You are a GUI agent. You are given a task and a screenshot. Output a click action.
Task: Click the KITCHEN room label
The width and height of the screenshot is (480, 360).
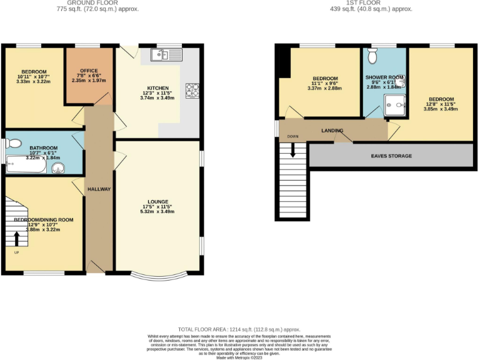click(157, 88)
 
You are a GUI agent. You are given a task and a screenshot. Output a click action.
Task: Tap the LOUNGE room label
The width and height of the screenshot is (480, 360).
click(157, 201)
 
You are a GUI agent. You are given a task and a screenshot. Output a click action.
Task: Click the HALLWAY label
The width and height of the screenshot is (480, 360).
click(99, 189)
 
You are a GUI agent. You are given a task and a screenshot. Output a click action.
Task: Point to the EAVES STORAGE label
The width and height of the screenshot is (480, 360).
click(391, 156)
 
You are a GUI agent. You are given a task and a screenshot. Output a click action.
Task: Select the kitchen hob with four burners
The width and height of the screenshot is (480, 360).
click(191, 91)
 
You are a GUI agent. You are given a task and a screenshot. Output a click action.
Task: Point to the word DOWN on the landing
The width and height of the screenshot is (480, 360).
click(292, 136)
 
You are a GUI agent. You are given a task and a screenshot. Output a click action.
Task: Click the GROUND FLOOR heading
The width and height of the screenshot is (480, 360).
click(97, 3)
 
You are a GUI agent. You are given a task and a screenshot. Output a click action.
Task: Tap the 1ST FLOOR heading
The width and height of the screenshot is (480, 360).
click(372, 3)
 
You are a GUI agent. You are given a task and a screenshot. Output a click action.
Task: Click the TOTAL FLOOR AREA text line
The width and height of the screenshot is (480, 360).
click(239, 329)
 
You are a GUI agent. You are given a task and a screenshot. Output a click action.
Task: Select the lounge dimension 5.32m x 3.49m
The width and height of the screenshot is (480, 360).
click(157, 212)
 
